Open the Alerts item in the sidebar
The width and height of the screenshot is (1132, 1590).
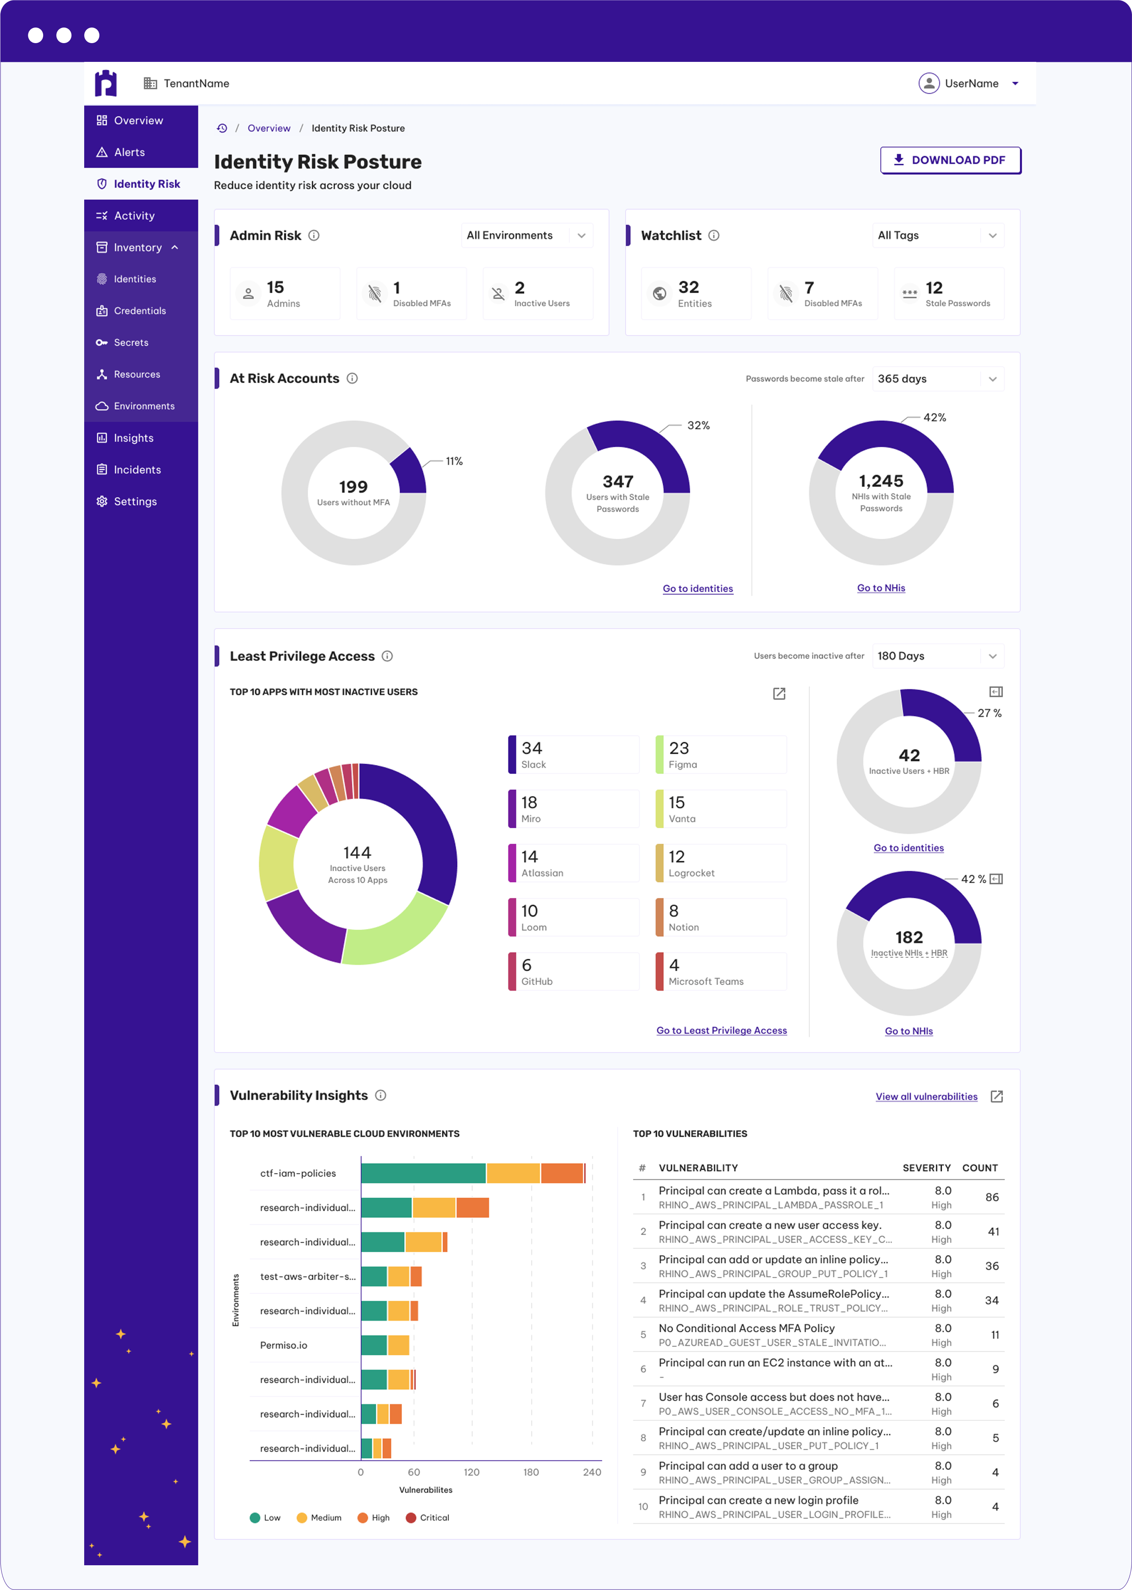point(130,152)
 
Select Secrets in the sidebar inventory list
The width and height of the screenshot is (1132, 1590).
point(131,343)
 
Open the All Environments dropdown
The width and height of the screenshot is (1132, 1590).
point(526,236)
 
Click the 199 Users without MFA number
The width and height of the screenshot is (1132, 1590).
point(354,487)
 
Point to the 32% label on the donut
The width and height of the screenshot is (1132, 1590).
point(698,426)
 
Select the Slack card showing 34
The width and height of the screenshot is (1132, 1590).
point(574,754)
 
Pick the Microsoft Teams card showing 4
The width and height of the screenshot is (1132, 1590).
point(721,971)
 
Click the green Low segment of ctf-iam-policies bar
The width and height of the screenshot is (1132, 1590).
point(423,1173)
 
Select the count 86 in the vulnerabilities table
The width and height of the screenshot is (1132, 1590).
point(991,1197)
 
